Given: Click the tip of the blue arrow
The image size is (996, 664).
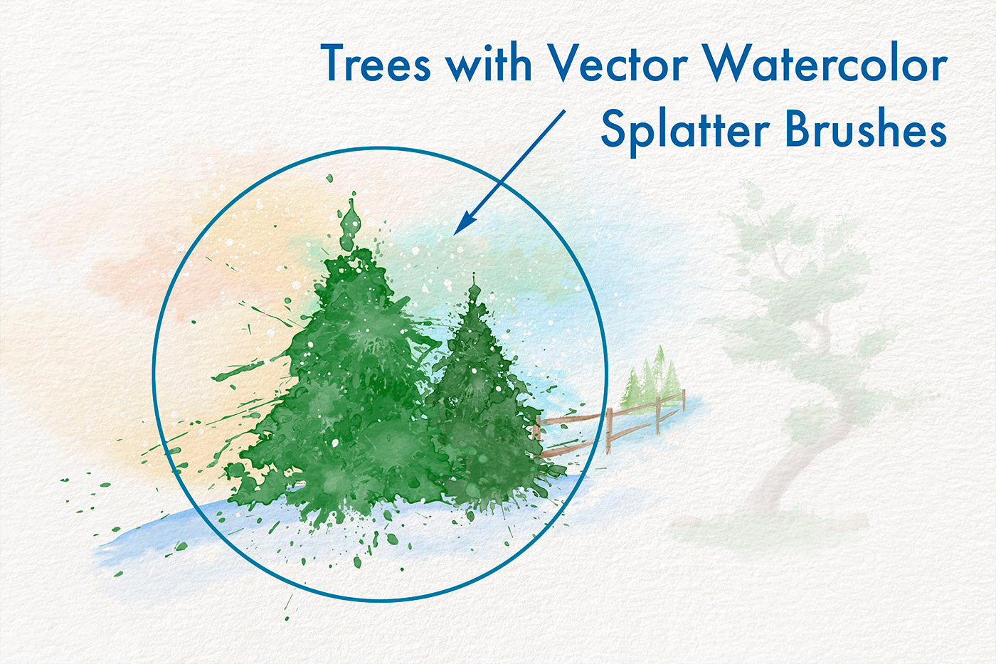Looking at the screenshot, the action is pos(454,235).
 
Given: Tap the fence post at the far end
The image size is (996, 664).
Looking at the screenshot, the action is pos(684,400).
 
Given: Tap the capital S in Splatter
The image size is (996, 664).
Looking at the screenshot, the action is pos(613,127).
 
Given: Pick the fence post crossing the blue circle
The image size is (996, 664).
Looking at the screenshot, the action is pos(609,430).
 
